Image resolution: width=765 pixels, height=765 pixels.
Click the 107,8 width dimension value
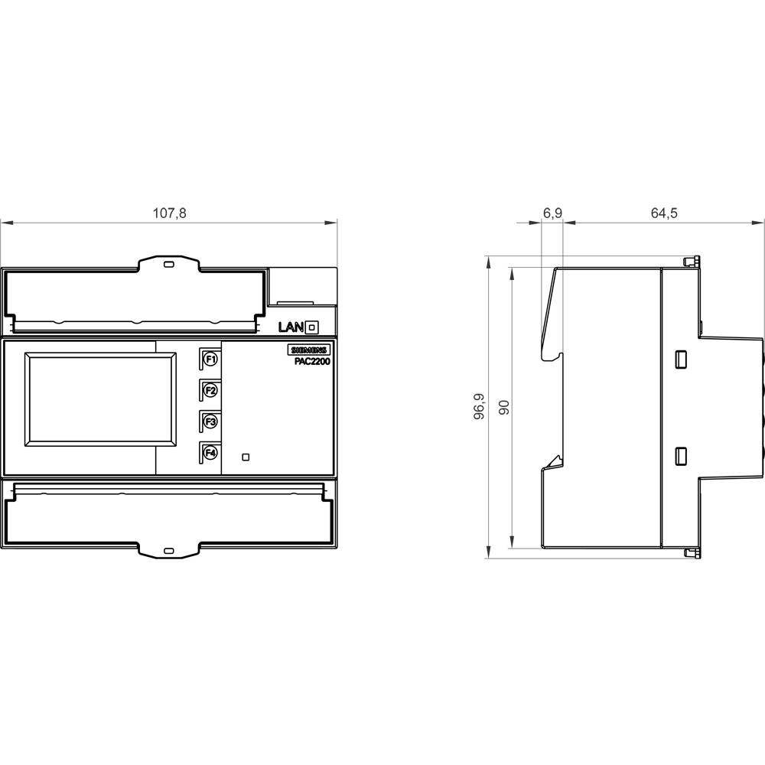[170, 213]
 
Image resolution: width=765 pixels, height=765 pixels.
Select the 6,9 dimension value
[552, 213]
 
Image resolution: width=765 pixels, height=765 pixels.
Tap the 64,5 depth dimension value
[664, 213]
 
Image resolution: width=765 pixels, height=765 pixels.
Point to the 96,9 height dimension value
[480, 408]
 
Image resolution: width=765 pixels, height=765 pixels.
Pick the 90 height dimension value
[503, 408]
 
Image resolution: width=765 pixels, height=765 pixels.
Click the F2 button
[210, 390]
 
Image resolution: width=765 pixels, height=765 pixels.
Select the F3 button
[210, 422]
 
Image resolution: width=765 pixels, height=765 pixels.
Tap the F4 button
[210, 453]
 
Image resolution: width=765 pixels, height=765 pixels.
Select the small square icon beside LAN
[311, 327]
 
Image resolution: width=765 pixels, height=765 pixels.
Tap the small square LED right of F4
[245, 457]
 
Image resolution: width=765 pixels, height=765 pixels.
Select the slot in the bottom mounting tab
[169, 550]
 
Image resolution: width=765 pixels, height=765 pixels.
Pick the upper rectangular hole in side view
[679, 359]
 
